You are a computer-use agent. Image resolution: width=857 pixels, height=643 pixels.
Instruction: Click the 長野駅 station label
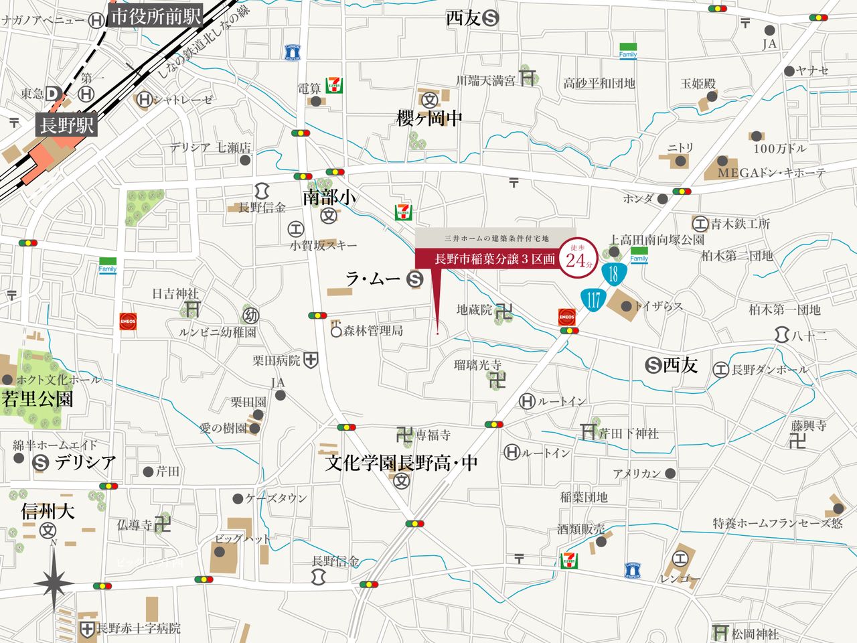[x=66, y=125]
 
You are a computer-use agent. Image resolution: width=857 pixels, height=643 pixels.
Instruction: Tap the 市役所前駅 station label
[x=155, y=17]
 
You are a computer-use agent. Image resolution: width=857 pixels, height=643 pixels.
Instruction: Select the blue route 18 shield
[x=613, y=273]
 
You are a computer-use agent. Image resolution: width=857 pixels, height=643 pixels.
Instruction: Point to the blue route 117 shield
[x=594, y=299]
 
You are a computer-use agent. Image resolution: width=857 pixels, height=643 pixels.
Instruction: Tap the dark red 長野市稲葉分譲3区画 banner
[x=495, y=259]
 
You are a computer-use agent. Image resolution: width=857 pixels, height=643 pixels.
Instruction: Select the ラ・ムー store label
[x=373, y=279]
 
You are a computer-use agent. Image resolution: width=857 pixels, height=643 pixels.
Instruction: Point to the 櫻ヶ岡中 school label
[x=429, y=119]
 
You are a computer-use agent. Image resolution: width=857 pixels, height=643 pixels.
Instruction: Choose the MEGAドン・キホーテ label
[x=771, y=173]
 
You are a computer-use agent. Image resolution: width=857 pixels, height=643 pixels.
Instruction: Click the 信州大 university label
[x=48, y=512]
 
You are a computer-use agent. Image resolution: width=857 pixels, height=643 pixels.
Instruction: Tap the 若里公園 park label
[x=37, y=400]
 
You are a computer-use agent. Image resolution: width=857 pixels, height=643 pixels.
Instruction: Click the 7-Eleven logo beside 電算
[x=334, y=85]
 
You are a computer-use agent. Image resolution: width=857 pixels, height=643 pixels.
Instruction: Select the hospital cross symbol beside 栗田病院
[x=311, y=360]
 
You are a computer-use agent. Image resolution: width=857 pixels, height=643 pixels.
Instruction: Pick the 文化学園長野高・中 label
[x=401, y=463]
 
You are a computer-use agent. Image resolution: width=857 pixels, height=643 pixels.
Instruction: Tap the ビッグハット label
[x=242, y=539]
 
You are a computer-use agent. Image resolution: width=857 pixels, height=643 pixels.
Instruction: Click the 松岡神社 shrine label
[x=755, y=633]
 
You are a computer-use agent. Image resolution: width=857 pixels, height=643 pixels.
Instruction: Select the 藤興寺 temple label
[x=808, y=425]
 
